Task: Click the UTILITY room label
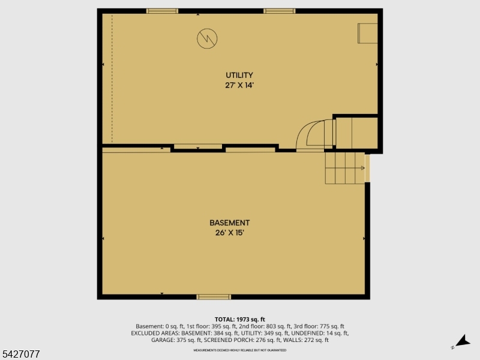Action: (x=239, y=75)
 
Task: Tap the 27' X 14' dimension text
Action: (x=239, y=85)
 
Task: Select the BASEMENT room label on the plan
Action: (x=229, y=223)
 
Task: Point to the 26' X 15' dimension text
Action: (x=229, y=233)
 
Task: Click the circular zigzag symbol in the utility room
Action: (x=207, y=39)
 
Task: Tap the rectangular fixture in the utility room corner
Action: (x=367, y=33)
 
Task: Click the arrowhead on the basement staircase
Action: (x=363, y=168)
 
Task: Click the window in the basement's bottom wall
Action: (x=214, y=296)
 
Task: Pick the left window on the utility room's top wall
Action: (x=162, y=11)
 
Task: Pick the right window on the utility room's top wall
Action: (x=279, y=11)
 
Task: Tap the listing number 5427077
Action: (x=20, y=355)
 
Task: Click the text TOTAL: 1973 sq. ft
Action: (x=239, y=319)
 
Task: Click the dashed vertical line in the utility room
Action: (x=112, y=78)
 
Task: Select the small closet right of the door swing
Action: (x=356, y=133)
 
